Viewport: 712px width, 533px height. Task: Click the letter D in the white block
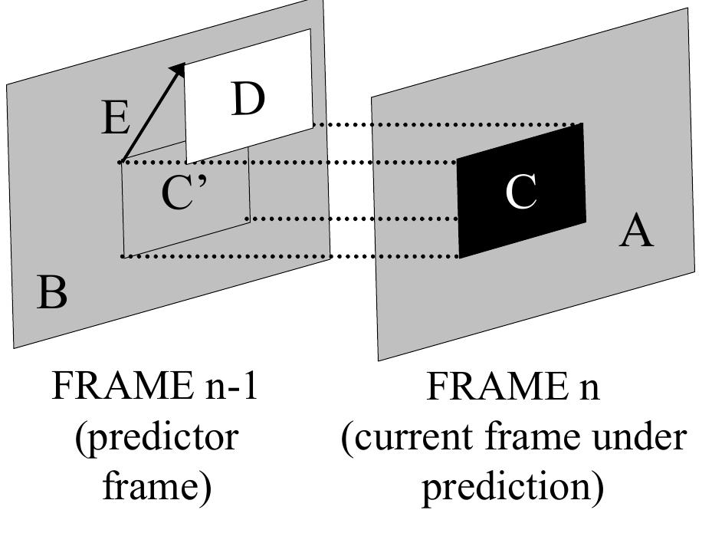247,100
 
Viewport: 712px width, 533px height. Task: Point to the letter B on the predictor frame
52,293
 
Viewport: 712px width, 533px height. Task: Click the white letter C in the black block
521,191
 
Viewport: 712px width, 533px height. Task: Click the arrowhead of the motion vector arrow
179,70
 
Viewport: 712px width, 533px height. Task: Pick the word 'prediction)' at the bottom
513,488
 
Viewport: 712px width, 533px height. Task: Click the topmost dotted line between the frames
445,124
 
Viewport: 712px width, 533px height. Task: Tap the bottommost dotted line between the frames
291,256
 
